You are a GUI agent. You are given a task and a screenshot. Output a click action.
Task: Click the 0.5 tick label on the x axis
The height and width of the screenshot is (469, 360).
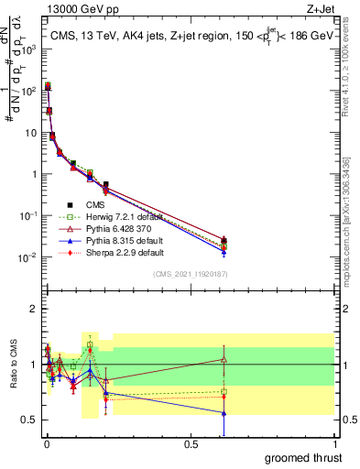point(191,442)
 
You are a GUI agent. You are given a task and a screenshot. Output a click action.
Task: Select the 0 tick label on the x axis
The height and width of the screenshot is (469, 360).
point(46,442)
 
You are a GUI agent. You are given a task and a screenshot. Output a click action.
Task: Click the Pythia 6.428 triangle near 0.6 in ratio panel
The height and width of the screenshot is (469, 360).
point(224,359)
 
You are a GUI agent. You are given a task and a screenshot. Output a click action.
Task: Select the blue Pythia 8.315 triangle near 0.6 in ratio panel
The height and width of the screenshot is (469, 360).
point(224,413)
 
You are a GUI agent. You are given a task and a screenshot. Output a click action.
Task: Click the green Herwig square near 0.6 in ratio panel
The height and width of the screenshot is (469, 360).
point(224,391)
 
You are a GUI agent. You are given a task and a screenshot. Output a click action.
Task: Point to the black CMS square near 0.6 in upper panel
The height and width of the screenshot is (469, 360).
point(224,240)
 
